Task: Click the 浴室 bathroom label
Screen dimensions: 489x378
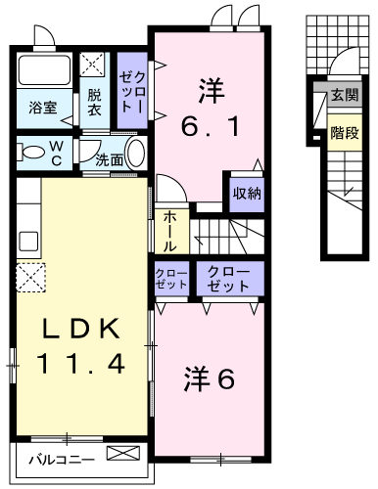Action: pyautogui.click(x=40, y=109)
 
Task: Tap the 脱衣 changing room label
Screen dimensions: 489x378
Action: pyautogui.click(x=94, y=103)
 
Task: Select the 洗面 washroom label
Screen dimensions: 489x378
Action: pyautogui.click(x=109, y=159)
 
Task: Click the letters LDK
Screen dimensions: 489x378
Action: pyautogui.click(x=81, y=330)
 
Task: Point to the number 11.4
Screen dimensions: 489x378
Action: pyautogui.click(x=81, y=365)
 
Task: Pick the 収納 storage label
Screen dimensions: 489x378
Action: pyautogui.click(x=247, y=193)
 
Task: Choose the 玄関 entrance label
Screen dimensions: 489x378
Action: pyautogui.click(x=344, y=95)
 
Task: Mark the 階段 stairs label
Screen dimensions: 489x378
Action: pyautogui.click(x=344, y=132)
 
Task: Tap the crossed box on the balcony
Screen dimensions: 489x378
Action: pyautogui.click(x=123, y=455)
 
